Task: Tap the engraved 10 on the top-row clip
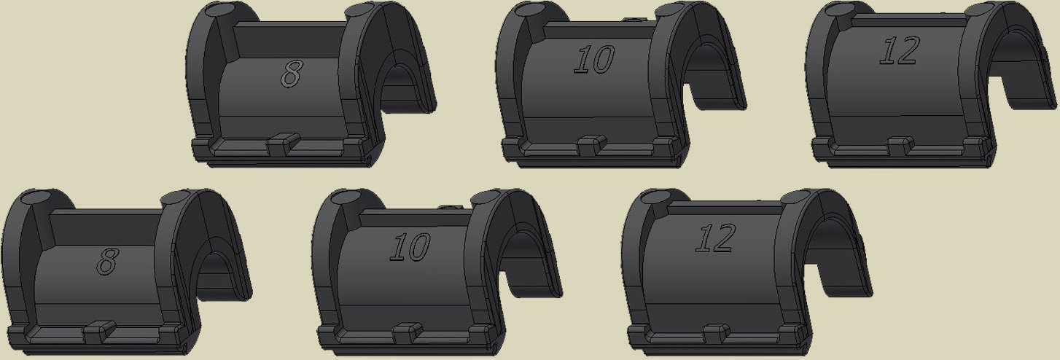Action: [x=594, y=59]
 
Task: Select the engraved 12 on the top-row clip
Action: [x=900, y=50]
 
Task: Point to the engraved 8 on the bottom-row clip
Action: [x=107, y=261]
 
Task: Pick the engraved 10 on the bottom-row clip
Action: [x=410, y=246]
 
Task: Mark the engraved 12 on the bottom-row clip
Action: [x=715, y=238]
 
